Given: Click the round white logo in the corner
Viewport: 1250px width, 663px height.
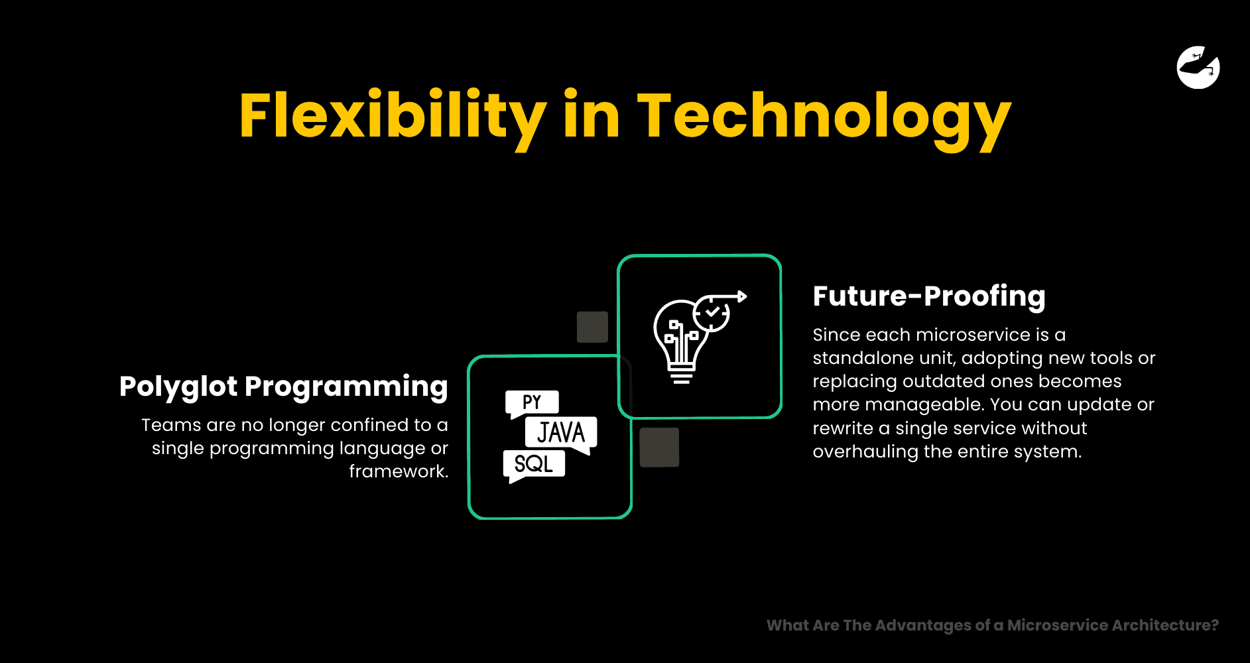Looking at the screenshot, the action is coord(1198,67).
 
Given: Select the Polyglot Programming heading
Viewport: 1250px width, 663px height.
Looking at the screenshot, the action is coord(284,387).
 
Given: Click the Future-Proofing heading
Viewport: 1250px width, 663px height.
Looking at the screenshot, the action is coord(929,296).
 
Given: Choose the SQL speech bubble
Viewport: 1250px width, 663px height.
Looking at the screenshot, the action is coord(534,465).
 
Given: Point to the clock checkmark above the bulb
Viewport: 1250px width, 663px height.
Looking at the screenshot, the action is coord(712,312).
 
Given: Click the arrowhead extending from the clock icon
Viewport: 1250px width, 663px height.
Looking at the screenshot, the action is coord(743,296).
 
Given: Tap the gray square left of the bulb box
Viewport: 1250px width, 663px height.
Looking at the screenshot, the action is coord(592,327).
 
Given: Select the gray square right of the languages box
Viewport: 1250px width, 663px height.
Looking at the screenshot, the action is coord(659,448).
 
